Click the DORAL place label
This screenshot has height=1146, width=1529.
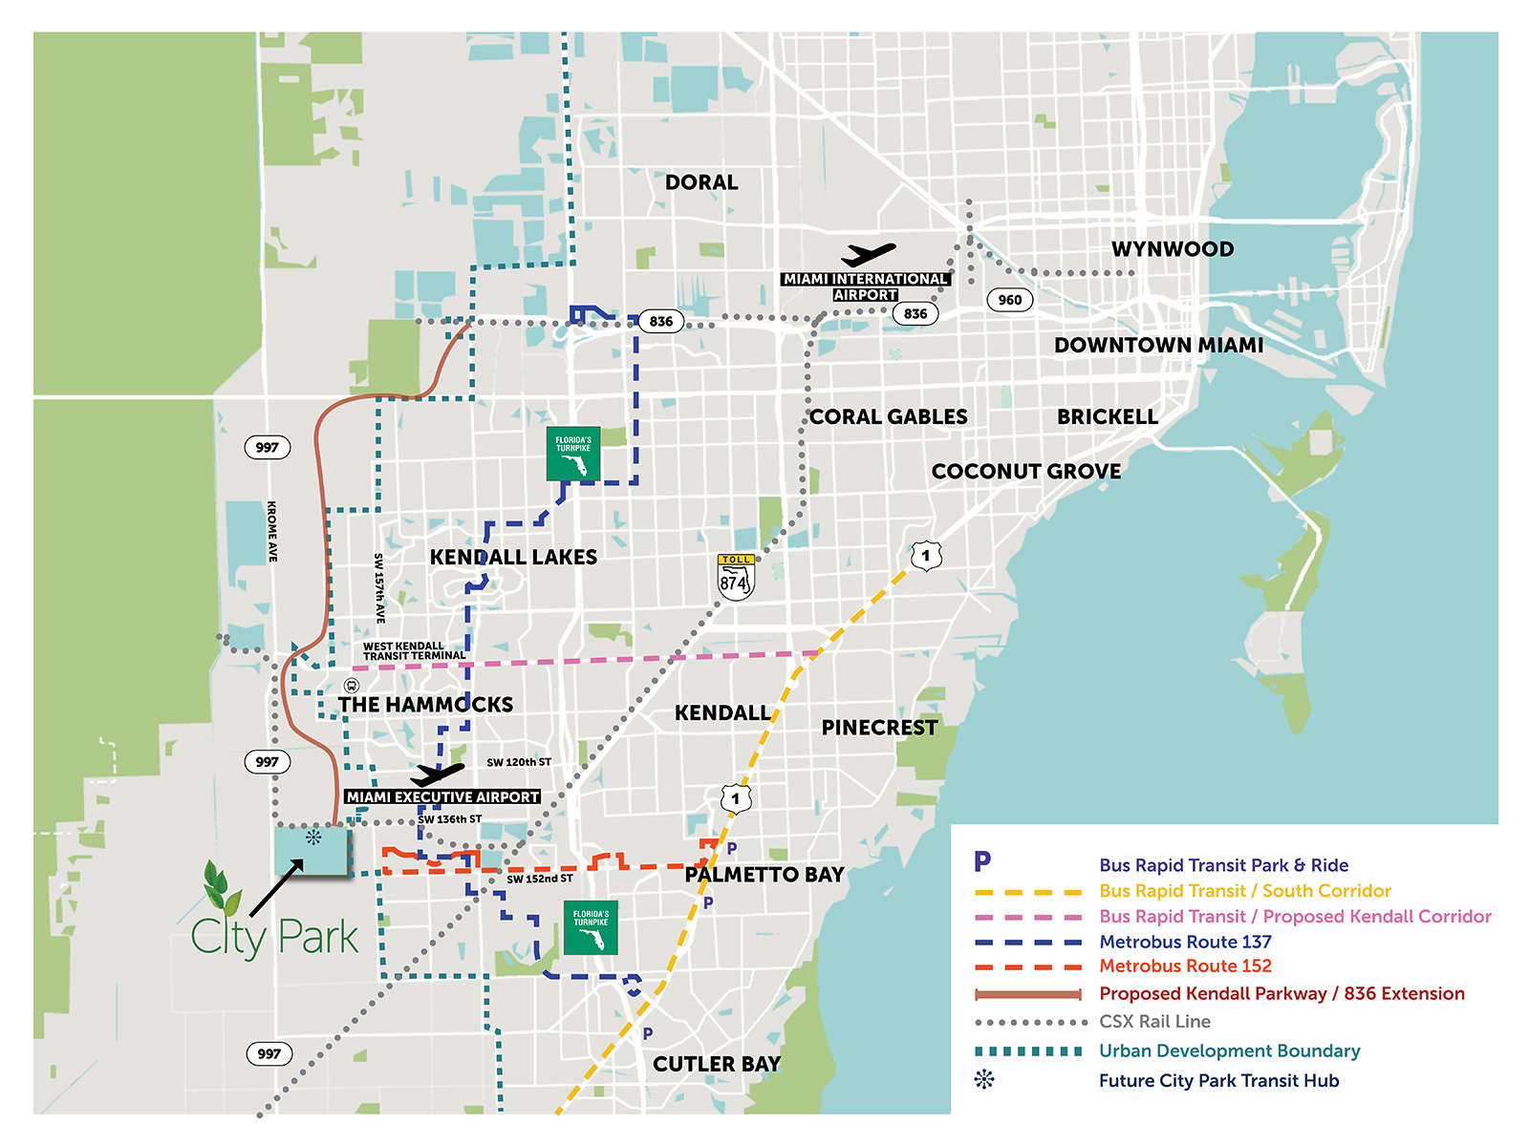[701, 182]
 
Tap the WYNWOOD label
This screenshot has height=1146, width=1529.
[1173, 249]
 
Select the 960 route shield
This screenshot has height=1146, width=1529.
[1009, 300]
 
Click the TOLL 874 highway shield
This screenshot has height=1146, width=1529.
[736, 578]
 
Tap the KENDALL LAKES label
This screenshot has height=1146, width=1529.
[513, 557]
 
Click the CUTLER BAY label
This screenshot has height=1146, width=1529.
[717, 1064]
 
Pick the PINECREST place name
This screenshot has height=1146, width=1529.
[879, 728]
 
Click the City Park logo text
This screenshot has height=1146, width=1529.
[275, 937]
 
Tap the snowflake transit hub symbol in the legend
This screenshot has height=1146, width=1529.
[984, 1080]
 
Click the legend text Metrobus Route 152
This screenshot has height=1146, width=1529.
[1185, 966]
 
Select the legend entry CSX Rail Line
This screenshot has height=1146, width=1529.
[1154, 1022]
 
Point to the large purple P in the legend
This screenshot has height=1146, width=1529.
[982, 862]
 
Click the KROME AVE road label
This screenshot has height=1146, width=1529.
[272, 531]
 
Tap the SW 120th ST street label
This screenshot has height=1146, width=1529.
[519, 762]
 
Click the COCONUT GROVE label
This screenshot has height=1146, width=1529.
[1026, 472]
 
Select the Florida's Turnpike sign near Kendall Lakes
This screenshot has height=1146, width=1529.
[573, 454]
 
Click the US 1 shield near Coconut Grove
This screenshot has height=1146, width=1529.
[925, 556]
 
